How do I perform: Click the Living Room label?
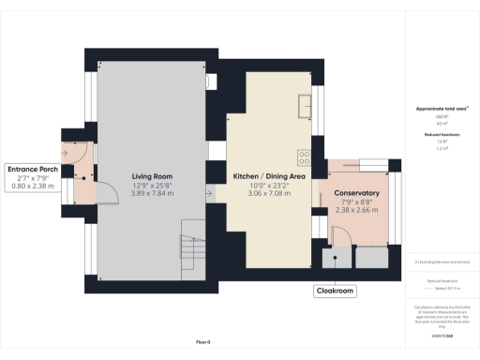coord(150,175)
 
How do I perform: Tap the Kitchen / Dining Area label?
coord(269,175)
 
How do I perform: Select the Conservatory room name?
coord(356,193)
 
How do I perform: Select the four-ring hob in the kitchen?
coord(304,157)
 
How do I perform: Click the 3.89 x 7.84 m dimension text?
coord(150,193)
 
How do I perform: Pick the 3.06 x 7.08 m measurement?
coord(269,193)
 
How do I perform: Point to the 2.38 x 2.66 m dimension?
coord(356,211)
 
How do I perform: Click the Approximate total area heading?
coord(441,109)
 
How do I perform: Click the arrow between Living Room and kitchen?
coord(212,194)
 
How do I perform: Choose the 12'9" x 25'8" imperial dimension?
coord(150,185)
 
